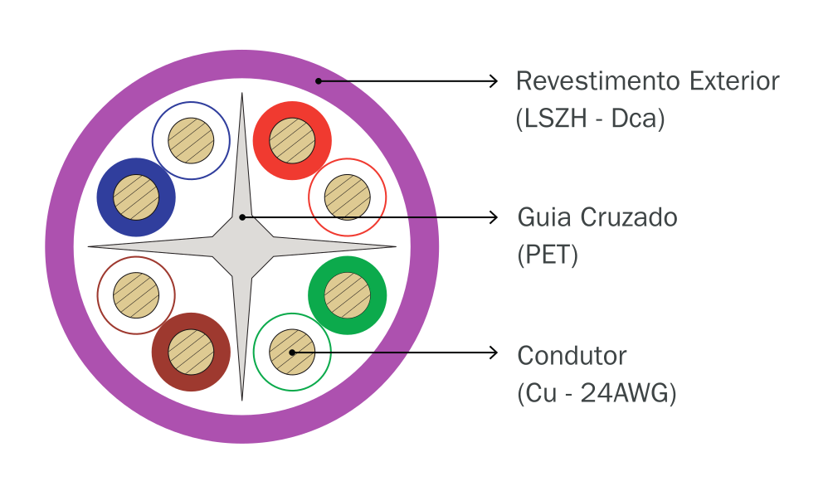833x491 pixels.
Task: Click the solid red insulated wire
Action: (292, 141)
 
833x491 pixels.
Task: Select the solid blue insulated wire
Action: (136, 197)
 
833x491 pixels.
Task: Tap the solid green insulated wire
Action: (347, 295)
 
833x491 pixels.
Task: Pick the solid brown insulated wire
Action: (191, 352)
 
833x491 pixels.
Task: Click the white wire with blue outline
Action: (191, 141)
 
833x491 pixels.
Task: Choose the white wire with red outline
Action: (347, 197)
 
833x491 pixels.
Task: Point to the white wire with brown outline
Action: (136, 295)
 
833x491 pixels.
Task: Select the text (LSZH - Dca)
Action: (590, 119)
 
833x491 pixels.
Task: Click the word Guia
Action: (543, 218)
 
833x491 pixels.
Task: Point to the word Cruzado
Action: (628, 218)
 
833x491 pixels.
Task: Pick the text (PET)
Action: (547, 255)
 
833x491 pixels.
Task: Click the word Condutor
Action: (572, 356)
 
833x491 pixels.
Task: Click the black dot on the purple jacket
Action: (318, 81)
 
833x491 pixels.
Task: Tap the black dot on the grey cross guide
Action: (242, 217)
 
